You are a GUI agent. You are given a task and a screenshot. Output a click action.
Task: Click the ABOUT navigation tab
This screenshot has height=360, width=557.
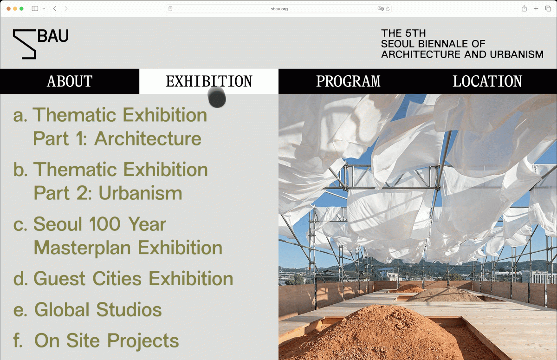click(70, 81)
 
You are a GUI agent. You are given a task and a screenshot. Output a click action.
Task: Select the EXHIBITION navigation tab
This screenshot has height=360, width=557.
click(209, 81)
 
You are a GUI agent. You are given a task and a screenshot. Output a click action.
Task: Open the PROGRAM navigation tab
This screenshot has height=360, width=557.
click(348, 81)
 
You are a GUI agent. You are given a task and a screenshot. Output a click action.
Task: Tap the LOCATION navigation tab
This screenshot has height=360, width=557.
click(487, 81)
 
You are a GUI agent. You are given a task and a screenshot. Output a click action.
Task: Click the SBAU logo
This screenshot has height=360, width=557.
click(40, 44)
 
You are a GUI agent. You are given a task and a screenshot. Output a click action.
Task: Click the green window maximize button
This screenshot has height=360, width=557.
click(22, 9)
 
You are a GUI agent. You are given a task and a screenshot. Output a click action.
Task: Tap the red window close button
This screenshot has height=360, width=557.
click(8, 9)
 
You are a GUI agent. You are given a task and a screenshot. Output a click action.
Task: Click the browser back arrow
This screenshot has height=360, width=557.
click(55, 9)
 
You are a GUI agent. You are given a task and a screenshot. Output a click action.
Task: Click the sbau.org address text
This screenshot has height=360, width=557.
click(279, 9)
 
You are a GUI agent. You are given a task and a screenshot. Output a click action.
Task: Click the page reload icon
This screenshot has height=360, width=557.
click(388, 9)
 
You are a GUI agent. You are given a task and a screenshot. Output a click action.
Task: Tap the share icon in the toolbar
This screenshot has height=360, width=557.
click(524, 8)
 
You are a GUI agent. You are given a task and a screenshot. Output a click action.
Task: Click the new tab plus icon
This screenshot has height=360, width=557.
click(536, 9)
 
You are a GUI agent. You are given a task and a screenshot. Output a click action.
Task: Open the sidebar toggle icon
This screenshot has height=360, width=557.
click(35, 9)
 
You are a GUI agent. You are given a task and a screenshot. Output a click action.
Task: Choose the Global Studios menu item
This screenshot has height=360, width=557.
click(88, 310)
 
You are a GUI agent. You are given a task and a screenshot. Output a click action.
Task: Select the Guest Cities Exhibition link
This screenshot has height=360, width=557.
click(123, 279)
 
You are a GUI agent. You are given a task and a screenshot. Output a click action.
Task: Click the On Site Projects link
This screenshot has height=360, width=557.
click(96, 340)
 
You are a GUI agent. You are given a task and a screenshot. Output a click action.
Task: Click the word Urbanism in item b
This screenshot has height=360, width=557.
click(141, 193)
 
